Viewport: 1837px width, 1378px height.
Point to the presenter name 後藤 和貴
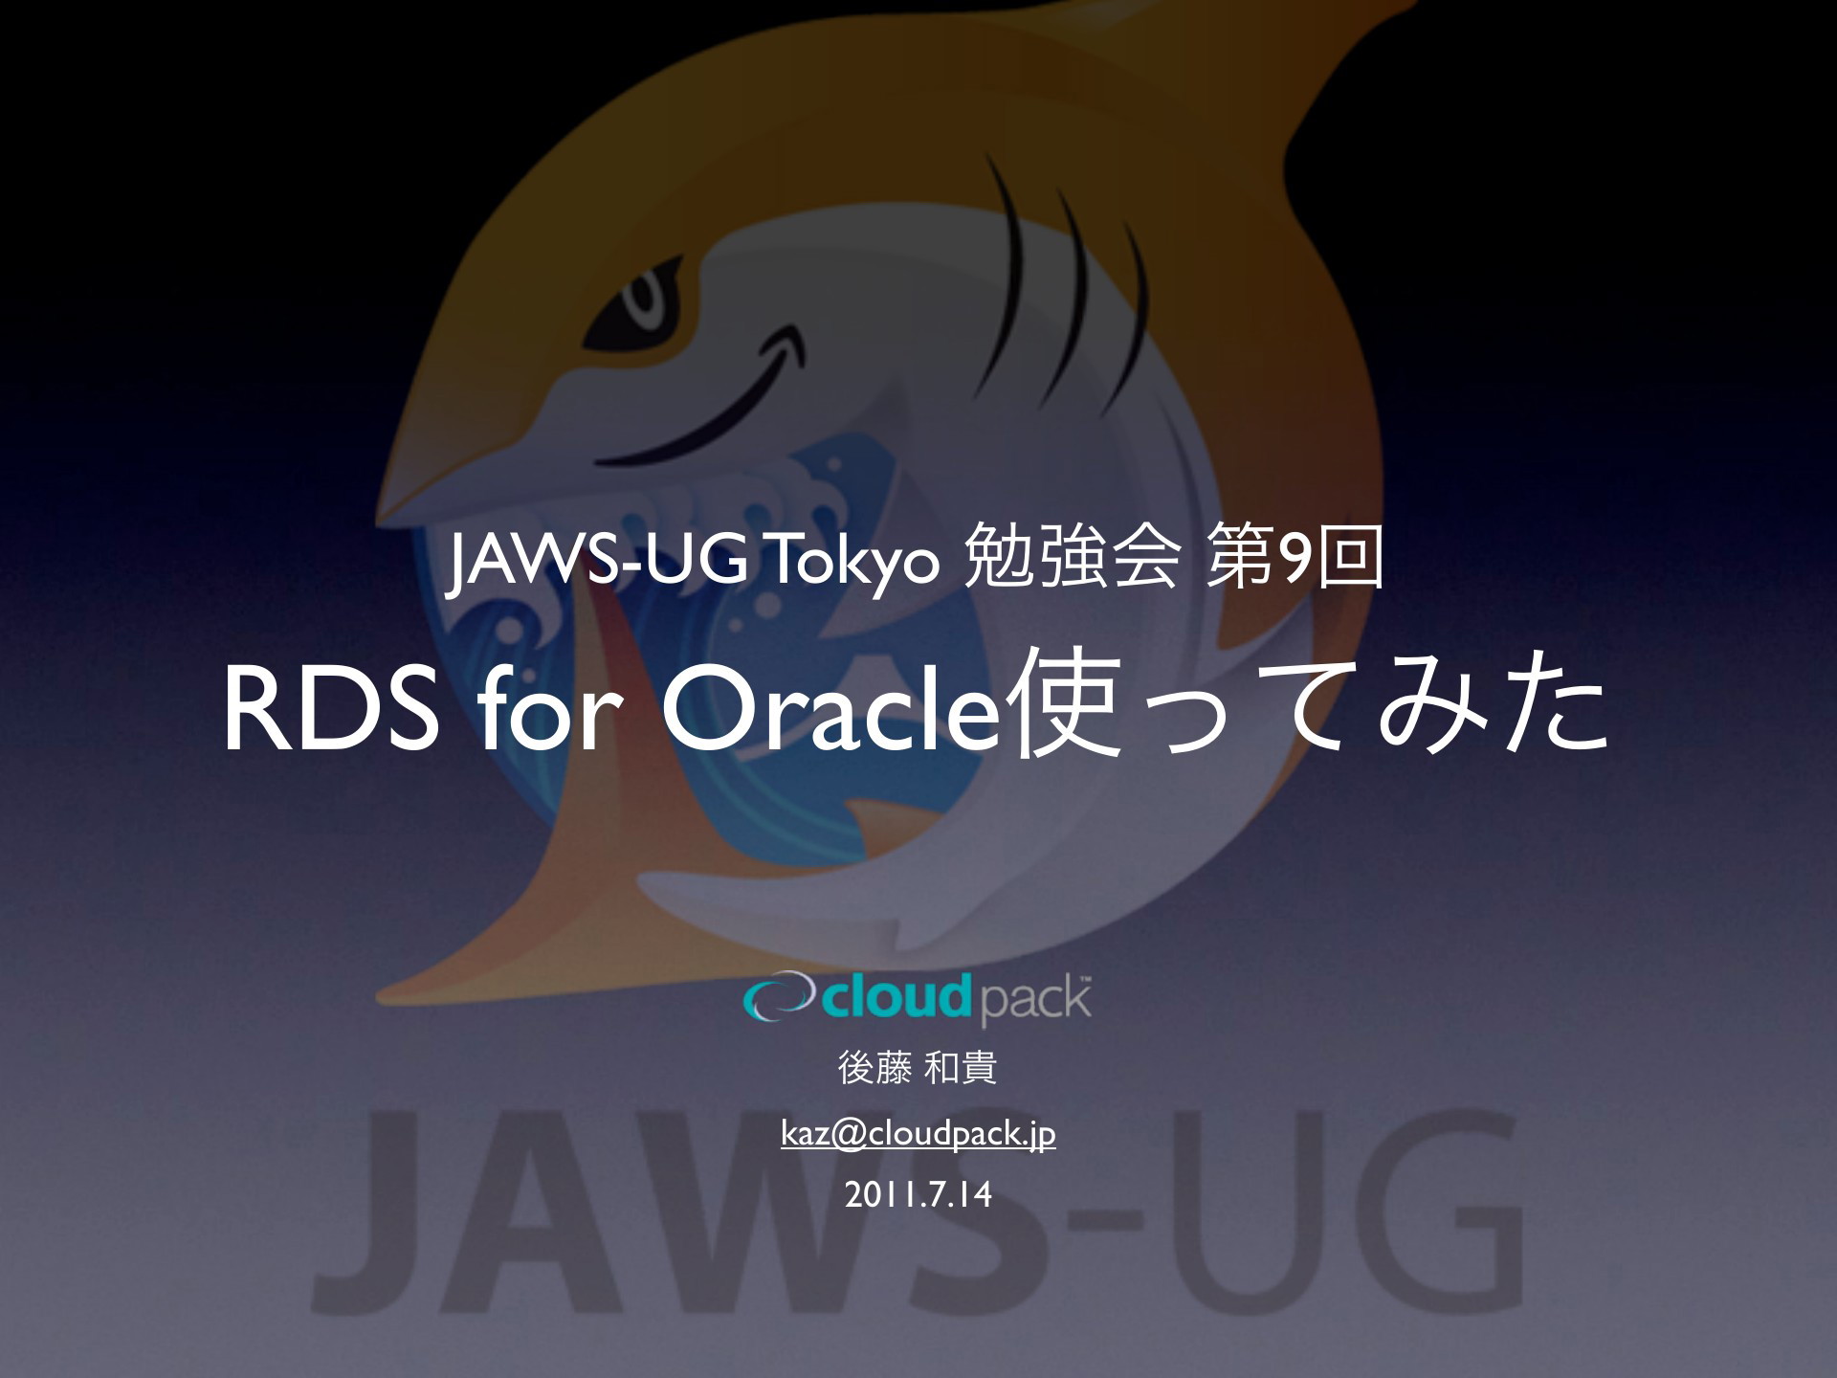point(918,1068)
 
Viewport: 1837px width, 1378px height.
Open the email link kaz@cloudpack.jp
point(918,1134)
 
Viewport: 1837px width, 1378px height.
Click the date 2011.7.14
point(918,1195)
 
